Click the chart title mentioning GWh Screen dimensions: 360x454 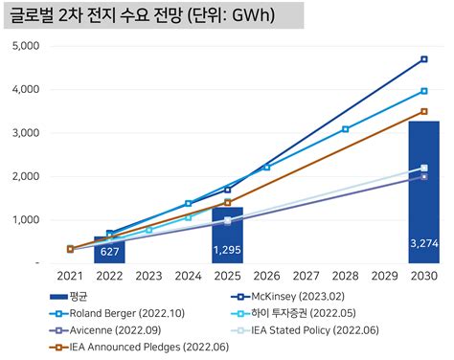pos(152,15)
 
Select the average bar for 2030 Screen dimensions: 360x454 pos(423,191)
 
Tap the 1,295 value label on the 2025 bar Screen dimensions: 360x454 pos(227,249)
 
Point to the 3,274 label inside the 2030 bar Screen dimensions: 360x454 pos(423,243)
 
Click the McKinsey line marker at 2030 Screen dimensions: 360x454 pos(423,59)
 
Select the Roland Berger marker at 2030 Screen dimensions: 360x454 pos(423,91)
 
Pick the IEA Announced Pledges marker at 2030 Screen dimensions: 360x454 pos(423,111)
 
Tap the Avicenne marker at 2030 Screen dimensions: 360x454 pos(423,176)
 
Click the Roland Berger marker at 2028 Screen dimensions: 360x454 pos(345,128)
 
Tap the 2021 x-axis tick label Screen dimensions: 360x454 pos(70,276)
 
